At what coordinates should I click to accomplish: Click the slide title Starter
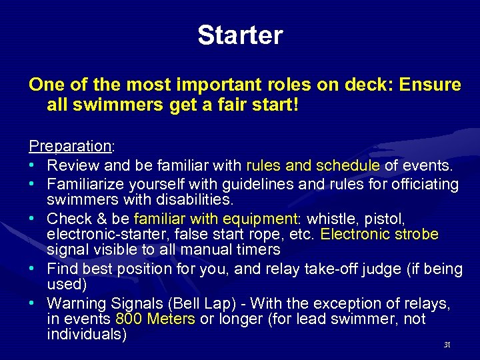tap(240, 35)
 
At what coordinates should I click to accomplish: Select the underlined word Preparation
tap(70, 146)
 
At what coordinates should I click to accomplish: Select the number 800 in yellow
tap(129, 319)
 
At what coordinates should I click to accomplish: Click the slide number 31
tap(447, 345)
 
